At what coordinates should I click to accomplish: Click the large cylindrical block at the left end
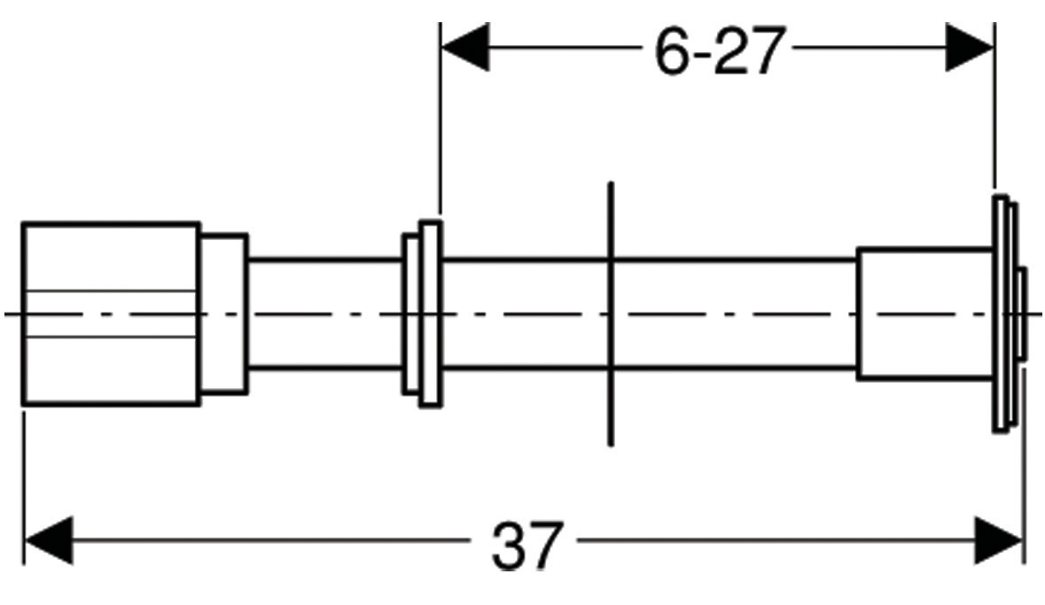[x=110, y=314]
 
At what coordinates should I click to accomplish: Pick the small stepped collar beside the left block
[x=222, y=314]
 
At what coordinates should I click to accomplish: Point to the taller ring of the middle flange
[x=430, y=314]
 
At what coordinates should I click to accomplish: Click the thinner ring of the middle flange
[x=410, y=314]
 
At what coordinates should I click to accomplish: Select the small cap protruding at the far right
[x=1022, y=314]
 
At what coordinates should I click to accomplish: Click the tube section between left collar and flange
[x=324, y=314]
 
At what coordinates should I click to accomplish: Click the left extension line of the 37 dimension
[x=24, y=478]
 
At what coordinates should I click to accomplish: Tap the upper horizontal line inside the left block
[x=110, y=291]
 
